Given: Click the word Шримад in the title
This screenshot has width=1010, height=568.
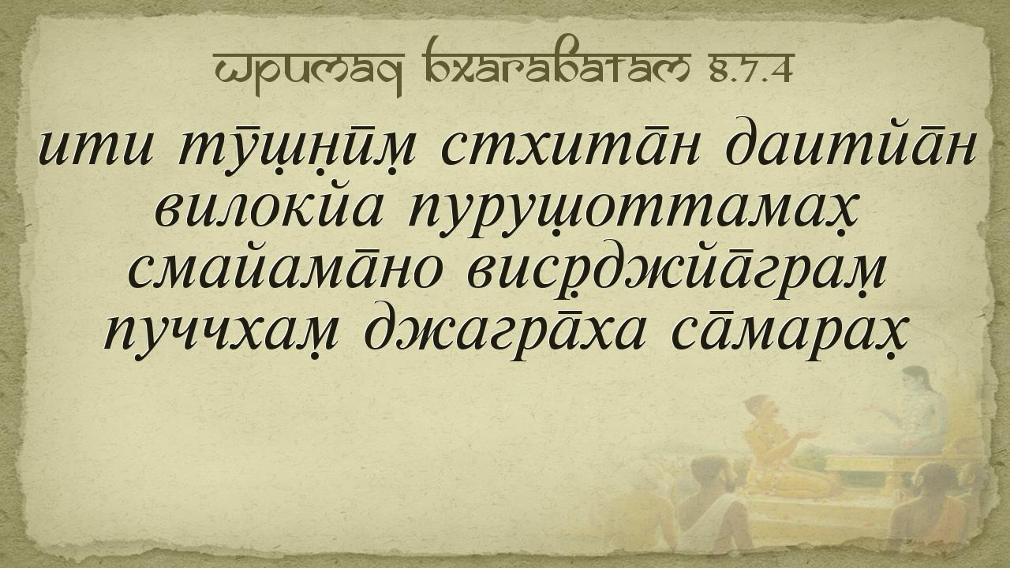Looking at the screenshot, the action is [309, 72].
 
